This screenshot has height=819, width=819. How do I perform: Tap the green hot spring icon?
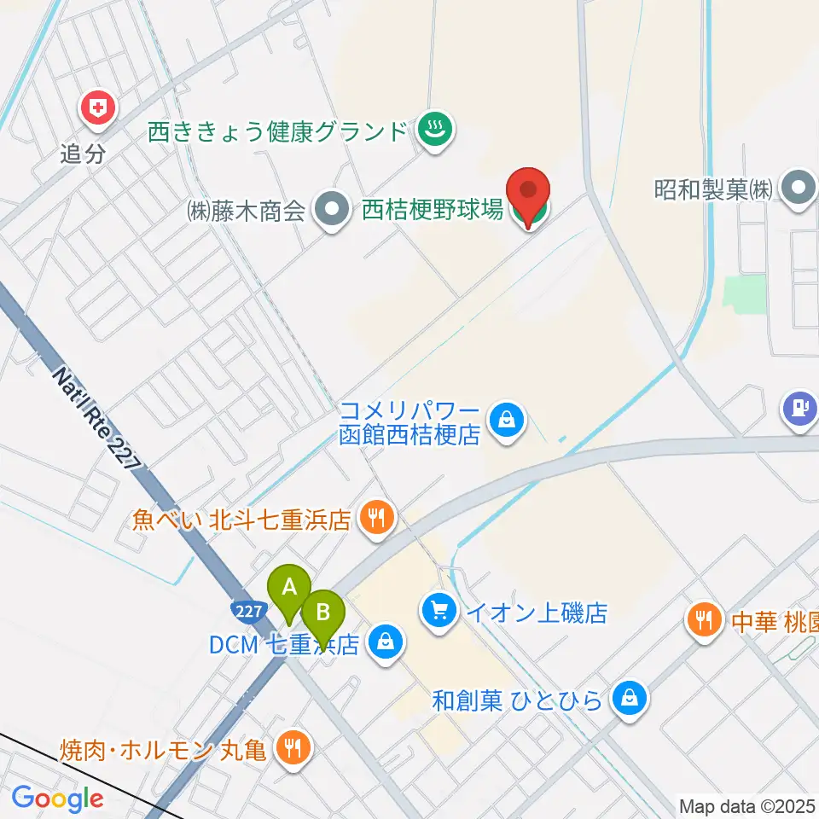click(436, 131)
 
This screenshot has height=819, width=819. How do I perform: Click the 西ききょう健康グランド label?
click(278, 132)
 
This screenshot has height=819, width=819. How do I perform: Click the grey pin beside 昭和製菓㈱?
click(799, 189)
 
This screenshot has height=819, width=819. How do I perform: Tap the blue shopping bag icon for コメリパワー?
click(508, 420)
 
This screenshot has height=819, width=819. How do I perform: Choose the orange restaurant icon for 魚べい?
click(375, 518)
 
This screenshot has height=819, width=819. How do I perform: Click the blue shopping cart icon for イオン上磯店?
click(439, 611)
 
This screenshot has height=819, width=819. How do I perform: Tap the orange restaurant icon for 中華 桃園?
click(704, 618)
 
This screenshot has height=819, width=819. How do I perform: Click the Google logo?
click(57, 799)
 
